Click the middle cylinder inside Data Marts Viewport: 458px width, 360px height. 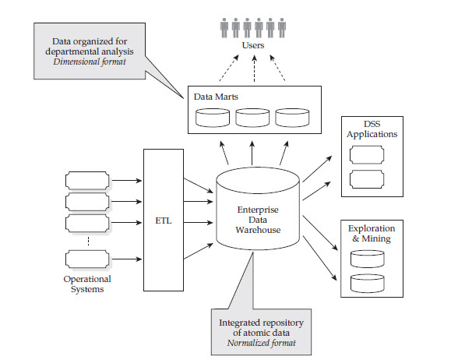[x=252, y=118]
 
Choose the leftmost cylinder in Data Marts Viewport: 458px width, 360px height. [x=213, y=118]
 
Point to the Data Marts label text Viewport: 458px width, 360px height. [x=216, y=97]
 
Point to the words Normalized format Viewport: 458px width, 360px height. [x=261, y=342]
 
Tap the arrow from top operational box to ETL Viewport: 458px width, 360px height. [x=127, y=182]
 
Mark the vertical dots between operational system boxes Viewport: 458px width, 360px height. [x=87, y=240]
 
